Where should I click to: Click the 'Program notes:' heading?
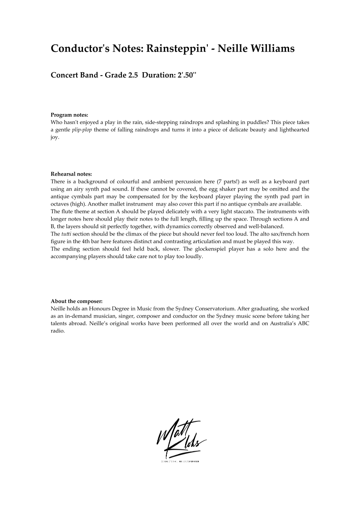point(69,115)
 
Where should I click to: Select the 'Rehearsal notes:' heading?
point(71,174)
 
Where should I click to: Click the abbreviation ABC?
point(303,324)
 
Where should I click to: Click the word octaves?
point(60,204)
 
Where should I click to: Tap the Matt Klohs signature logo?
point(180,440)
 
